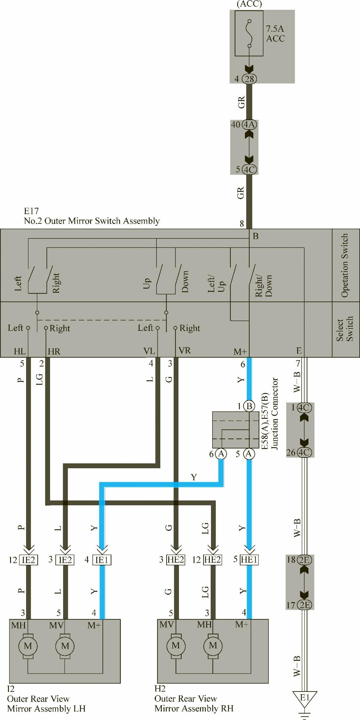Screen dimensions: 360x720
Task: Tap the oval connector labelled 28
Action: (249, 79)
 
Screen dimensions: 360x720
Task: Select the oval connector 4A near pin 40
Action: (249, 124)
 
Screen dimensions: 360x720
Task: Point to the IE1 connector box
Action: (102, 559)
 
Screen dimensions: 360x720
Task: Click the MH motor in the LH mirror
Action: (28, 646)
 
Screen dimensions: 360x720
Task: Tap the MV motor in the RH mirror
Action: (176, 646)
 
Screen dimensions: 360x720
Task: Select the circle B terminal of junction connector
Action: (249, 406)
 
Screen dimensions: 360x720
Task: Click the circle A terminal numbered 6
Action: (221, 453)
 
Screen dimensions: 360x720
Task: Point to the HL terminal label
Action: (20, 351)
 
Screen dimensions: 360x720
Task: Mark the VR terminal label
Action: (185, 351)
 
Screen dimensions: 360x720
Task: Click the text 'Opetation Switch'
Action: (345, 265)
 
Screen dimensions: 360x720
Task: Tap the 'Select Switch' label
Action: (345, 328)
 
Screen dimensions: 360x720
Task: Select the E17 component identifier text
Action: (31, 211)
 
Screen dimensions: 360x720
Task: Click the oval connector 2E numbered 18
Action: (305, 560)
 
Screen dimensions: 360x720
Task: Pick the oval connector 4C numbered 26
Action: (305, 452)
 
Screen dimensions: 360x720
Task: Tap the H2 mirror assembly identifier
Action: (160, 689)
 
